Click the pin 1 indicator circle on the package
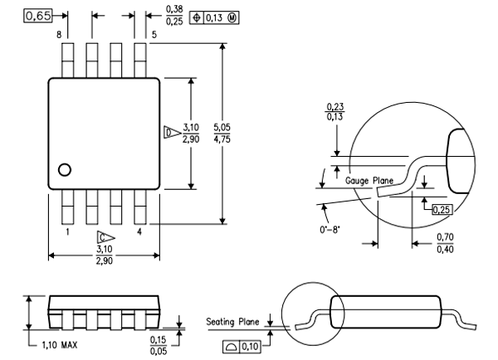click(64, 170)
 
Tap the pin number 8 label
click(59, 35)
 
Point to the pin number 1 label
click(66, 232)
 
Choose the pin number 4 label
click(139, 232)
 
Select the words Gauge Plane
click(368, 179)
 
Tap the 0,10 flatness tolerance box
click(243, 344)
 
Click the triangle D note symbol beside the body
click(169, 131)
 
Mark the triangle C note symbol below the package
click(104, 236)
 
